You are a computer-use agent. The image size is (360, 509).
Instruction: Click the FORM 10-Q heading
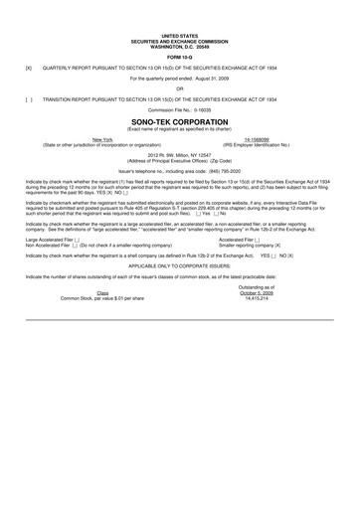pyautogui.click(x=180, y=56)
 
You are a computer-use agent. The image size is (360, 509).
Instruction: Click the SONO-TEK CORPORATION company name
pyautogui.click(x=180, y=124)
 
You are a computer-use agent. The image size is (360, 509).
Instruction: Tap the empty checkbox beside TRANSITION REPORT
pyautogui.click(x=29, y=99)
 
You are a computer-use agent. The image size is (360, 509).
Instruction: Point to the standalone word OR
pyautogui.click(x=180, y=88)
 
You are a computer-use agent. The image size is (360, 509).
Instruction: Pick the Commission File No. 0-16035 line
pyautogui.click(x=180, y=110)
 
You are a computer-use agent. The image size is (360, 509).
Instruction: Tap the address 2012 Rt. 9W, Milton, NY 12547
pyautogui.click(x=180, y=156)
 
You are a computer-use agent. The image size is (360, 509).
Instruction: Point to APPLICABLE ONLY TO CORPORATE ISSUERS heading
pyautogui.click(x=180, y=266)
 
